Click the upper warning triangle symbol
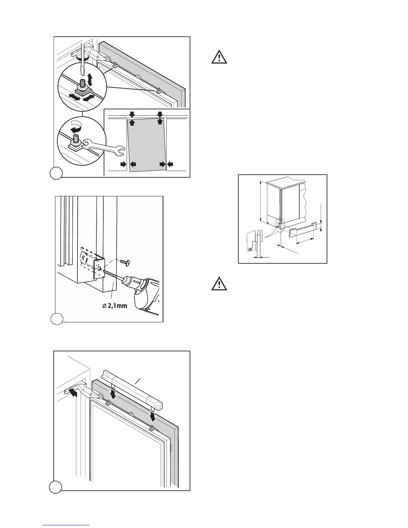[219, 57]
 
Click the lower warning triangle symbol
[219, 284]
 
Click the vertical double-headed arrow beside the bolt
[90, 80]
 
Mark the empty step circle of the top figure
[56, 173]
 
